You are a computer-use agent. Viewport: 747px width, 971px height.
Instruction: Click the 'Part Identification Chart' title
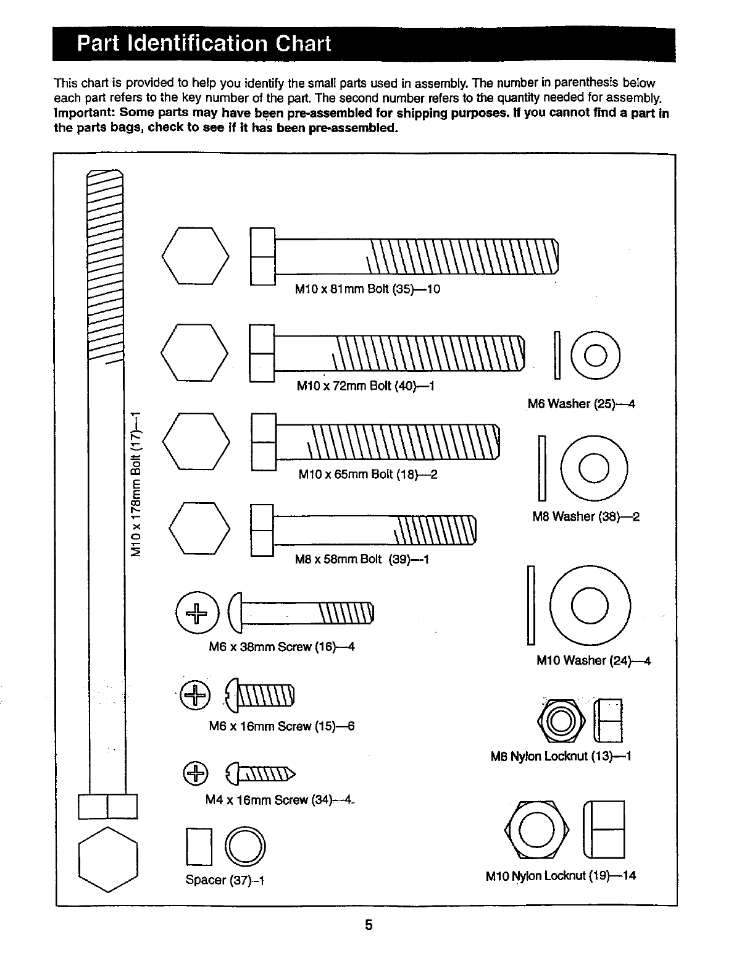(204, 44)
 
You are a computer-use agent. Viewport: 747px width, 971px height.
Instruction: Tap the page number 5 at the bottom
(369, 925)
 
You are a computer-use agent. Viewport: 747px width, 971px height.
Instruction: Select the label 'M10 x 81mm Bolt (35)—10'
(367, 289)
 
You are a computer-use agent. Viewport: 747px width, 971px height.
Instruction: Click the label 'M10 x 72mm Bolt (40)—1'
(366, 386)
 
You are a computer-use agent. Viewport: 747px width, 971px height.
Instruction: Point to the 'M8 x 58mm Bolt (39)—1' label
(362, 560)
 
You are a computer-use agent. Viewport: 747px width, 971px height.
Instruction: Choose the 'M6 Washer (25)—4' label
(581, 404)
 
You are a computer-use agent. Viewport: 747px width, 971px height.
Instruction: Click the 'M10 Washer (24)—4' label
(593, 660)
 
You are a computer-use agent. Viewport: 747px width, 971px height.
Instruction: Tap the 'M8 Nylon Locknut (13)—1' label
(561, 756)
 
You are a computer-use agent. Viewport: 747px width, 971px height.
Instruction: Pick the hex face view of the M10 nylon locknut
(536, 829)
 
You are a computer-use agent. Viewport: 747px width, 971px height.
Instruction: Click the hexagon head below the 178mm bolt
(108, 859)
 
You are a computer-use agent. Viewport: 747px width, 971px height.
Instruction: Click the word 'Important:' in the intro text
(85, 113)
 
